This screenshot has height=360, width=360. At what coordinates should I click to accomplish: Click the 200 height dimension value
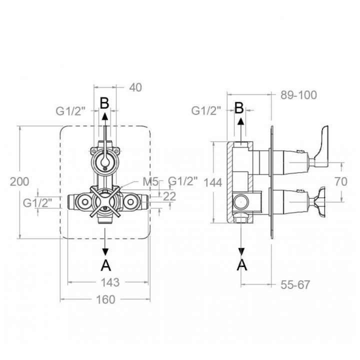[x=19, y=182]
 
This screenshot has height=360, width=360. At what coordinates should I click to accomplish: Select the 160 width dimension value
[x=105, y=299]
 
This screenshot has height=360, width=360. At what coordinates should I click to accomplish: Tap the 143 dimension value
[x=110, y=282]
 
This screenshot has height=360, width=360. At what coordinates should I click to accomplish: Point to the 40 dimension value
[x=135, y=87]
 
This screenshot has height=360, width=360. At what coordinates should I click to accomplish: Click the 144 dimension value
[x=213, y=183]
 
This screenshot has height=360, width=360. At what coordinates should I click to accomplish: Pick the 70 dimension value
[x=340, y=181]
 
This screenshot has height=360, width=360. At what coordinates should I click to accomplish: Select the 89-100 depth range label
[x=298, y=95]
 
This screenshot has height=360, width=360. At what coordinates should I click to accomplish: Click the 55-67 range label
[x=295, y=284]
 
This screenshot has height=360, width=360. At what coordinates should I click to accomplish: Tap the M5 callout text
[x=150, y=182]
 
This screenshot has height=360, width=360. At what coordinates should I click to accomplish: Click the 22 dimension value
[x=169, y=196]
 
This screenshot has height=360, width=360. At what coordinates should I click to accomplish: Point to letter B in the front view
[x=104, y=103]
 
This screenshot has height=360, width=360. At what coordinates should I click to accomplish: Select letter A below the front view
[x=106, y=265]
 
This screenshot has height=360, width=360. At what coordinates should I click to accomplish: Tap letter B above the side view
[x=239, y=108]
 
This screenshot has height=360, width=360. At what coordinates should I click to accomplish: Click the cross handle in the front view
[x=105, y=201]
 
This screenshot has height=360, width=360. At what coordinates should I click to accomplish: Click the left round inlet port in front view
[x=85, y=202]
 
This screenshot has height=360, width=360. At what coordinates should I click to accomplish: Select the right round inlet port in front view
[x=130, y=202]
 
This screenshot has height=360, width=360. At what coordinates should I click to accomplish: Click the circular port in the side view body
[x=241, y=202]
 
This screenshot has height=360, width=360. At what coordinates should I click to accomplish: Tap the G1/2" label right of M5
[x=183, y=181]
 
